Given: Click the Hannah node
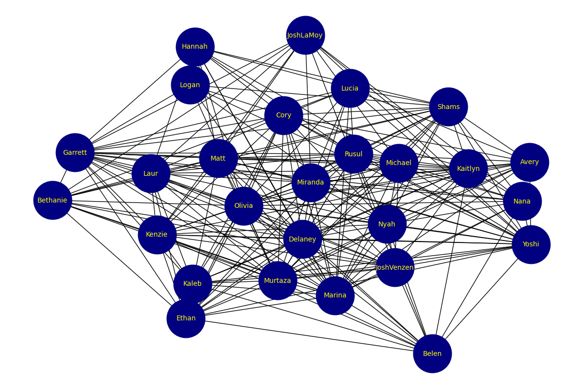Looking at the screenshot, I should point(195,47).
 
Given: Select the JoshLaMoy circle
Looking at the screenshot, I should point(305,36).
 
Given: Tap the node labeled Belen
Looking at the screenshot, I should point(432,354).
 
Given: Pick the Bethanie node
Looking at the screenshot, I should point(53,201).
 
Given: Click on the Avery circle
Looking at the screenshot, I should point(530,162).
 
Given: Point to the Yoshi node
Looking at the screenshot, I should point(531,244).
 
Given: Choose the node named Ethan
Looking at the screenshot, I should point(186,318).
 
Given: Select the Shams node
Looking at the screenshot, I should point(448,107).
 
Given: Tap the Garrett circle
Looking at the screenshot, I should point(75,153).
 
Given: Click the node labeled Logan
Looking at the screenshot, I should point(190,85).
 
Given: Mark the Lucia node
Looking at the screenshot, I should point(350,89).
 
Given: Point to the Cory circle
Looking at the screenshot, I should point(283,115).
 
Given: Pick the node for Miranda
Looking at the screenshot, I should point(311,183).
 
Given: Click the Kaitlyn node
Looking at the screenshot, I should point(468,169).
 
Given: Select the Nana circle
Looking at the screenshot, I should point(522,202).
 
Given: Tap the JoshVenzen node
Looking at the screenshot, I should point(395,268).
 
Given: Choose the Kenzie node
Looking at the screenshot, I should point(157,235).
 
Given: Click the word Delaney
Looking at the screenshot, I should point(302,240).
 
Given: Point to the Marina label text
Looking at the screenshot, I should point(335,296).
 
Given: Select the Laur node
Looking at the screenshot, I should point(151,174).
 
